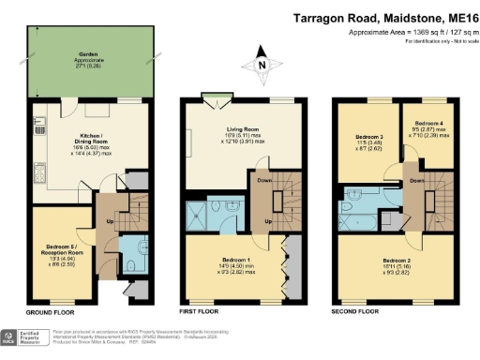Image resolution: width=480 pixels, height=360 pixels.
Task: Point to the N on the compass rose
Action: [262, 65]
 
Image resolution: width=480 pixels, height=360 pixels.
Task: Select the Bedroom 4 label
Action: [427, 122]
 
